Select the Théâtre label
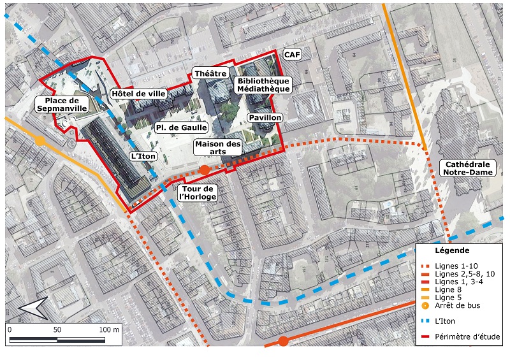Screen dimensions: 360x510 [x=210, y=74]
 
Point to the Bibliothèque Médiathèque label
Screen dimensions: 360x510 [x=263, y=85]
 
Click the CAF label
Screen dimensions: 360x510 [x=291, y=55]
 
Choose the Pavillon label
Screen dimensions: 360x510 [x=265, y=118]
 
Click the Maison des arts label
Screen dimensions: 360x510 [x=218, y=148]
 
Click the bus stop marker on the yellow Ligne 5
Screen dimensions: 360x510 [x=40, y=141]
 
